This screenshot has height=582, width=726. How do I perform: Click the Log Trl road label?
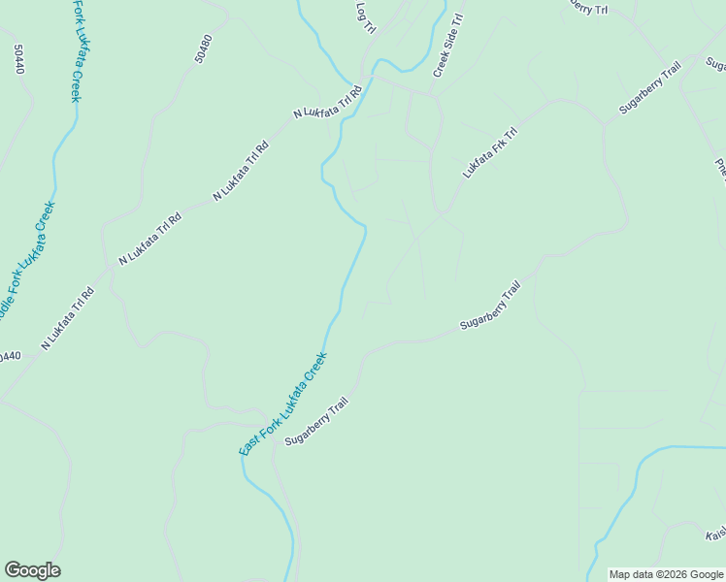click(366, 17)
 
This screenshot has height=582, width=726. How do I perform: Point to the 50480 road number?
click(202, 51)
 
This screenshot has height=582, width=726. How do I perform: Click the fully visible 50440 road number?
click(17, 59)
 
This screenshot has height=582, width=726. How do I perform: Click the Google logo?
click(32, 570)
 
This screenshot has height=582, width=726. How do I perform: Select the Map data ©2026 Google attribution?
click(667, 574)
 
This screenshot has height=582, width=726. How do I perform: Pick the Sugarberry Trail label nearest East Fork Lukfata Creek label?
click(315, 421)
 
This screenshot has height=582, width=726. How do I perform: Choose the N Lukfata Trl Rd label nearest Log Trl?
click(327, 102)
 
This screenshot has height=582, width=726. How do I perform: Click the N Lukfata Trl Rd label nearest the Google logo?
click(67, 318)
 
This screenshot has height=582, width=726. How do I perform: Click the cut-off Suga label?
click(716, 64)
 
